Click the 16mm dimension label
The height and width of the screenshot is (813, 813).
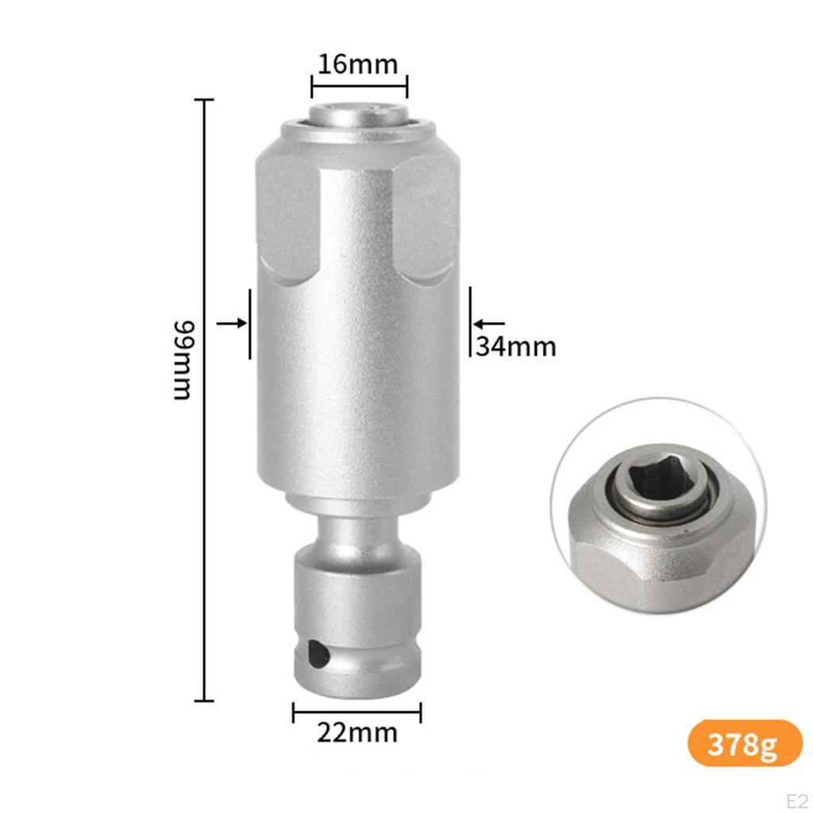tap(357, 64)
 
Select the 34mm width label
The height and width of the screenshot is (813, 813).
tap(516, 347)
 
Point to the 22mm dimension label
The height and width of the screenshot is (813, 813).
tap(357, 732)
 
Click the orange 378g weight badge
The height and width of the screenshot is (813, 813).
tap(745, 743)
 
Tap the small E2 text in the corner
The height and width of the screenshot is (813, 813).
tap(796, 800)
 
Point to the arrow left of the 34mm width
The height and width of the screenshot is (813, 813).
tap(231, 323)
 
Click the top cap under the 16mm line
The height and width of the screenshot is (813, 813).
tap(359, 119)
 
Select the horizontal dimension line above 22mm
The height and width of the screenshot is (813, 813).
tap(357, 712)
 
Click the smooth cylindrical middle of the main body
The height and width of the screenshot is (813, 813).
tap(357, 381)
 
